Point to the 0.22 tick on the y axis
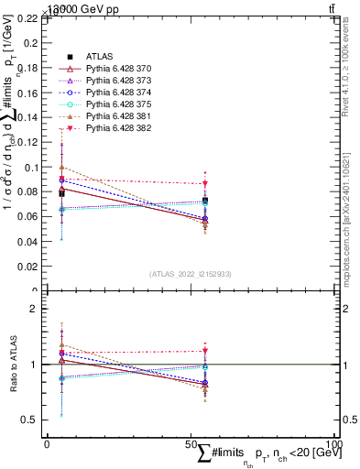click(x=27, y=18)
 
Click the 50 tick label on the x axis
click(x=191, y=444)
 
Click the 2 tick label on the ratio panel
click(x=35, y=309)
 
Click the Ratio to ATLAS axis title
click(x=12, y=364)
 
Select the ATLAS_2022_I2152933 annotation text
click(x=191, y=274)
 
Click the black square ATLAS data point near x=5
click(x=61, y=193)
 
